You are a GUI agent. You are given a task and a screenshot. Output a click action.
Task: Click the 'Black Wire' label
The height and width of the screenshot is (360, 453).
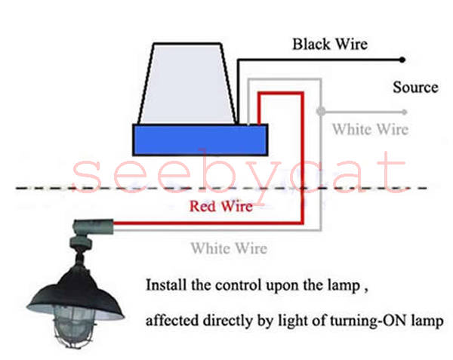330,44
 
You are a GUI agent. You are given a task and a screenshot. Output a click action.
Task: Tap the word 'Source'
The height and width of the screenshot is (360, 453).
415,87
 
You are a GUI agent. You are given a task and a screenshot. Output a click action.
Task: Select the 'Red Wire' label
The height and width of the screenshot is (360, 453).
220,205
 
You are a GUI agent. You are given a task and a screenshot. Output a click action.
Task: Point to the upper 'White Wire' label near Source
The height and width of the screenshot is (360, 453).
370,130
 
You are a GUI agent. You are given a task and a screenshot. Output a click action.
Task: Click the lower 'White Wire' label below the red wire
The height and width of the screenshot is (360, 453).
228,247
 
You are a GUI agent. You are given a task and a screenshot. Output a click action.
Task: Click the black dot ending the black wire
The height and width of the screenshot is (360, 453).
405,60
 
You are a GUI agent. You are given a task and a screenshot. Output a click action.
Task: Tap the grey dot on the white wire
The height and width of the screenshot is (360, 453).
321,112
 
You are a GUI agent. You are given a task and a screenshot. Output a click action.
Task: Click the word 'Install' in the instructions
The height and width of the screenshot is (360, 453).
165,286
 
